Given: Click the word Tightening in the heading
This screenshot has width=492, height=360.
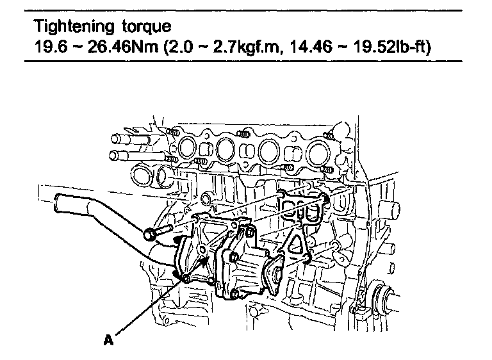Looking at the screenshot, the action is [74, 26].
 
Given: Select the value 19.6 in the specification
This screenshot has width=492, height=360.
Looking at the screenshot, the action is [51, 47].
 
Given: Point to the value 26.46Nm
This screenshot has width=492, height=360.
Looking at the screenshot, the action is [123, 47].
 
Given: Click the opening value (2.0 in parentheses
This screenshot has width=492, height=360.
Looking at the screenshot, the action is [178, 47].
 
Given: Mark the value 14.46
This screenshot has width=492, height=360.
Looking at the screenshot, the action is [310, 47].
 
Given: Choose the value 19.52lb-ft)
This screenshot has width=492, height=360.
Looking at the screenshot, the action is [393, 47].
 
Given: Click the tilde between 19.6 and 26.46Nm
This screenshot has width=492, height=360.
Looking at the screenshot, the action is [78, 47].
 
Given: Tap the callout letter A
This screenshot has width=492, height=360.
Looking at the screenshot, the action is [108, 340].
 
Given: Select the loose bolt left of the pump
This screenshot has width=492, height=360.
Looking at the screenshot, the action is [158, 232].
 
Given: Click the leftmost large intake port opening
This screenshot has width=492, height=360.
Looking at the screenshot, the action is [187, 147].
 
